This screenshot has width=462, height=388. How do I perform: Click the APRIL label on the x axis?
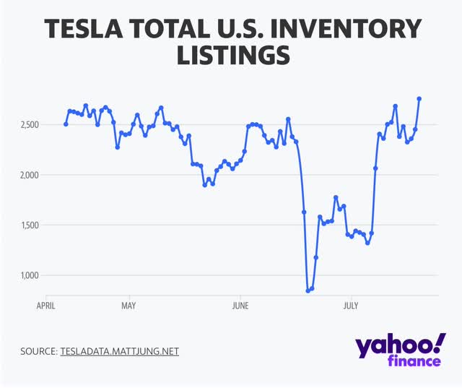click(47, 306)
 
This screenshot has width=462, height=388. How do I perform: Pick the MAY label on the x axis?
click(128, 306)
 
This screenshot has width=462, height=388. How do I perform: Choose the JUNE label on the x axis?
click(240, 306)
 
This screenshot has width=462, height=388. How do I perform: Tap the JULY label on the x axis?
click(350, 306)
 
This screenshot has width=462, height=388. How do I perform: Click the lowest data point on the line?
click(308, 290)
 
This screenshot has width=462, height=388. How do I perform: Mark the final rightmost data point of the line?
click(419, 99)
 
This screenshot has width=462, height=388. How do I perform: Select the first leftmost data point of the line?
click(66, 124)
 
